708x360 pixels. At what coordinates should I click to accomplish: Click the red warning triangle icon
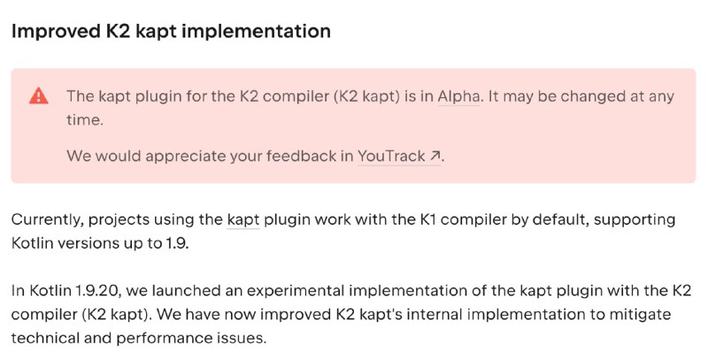coord(39,96)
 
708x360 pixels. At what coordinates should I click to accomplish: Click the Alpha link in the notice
coord(458,96)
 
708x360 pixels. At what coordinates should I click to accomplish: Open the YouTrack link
coord(391,156)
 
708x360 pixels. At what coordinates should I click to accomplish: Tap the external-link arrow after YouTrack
coord(435,156)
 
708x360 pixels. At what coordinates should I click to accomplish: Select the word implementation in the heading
coord(257,32)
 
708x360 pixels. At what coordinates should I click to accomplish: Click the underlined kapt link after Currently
coord(242,220)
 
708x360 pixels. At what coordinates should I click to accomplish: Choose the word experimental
coord(295,291)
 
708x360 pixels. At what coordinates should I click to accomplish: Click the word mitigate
coord(640,315)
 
